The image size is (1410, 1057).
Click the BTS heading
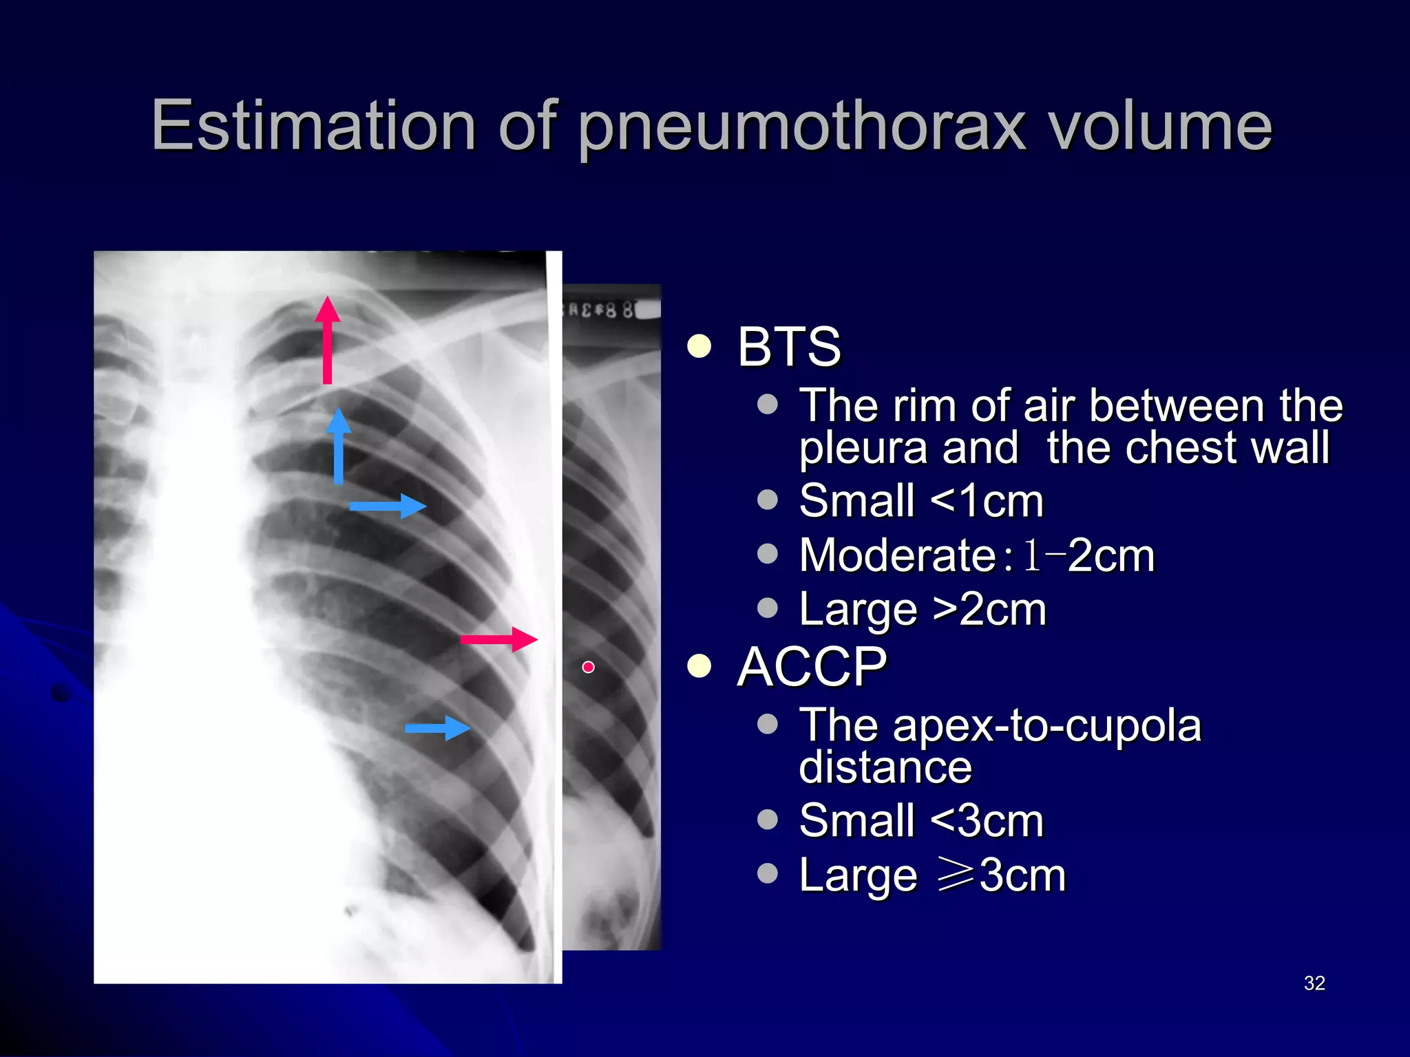(x=789, y=347)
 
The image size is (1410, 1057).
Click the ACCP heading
(x=812, y=667)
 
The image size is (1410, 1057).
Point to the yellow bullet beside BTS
(x=699, y=346)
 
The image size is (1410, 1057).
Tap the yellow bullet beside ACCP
(x=699, y=666)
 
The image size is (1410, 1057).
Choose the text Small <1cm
(x=920, y=501)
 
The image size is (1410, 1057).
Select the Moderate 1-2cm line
(x=976, y=555)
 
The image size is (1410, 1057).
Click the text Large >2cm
(x=922, y=610)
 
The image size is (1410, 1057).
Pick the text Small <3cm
(x=920, y=820)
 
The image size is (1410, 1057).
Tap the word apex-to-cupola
(x=1046, y=725)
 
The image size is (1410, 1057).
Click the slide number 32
(x=1314, y=983)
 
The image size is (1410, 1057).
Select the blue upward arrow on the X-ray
(x=338, y=446)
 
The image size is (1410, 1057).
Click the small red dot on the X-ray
(x=588, y=667)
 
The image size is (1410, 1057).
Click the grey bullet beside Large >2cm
(x=767, y=608)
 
